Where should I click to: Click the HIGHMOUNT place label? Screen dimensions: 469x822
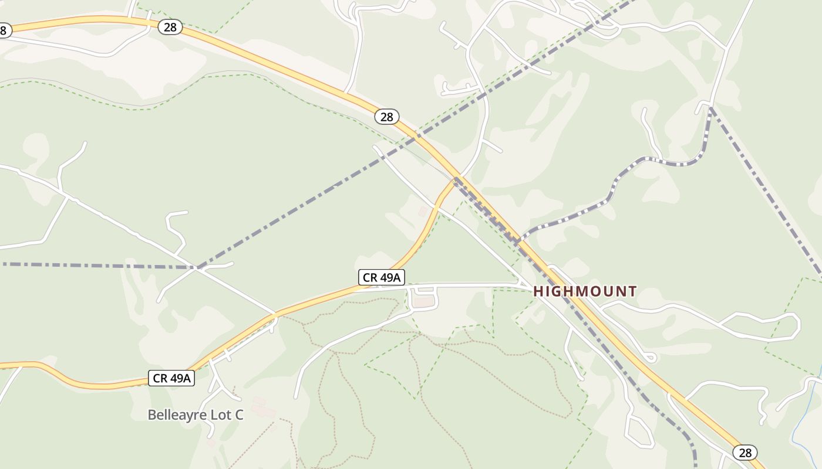click(585, 291)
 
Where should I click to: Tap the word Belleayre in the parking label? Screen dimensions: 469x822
click(176, 415)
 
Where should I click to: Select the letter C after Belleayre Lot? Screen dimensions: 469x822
click(238, 415)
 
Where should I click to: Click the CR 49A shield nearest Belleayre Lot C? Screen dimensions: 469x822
click(172, 378)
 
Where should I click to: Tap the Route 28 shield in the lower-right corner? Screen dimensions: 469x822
click(745, 453)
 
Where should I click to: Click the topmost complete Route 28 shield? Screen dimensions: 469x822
click(170, 27)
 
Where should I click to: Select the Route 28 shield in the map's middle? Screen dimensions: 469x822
click(386, 117)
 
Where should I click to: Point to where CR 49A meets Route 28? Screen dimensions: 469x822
click(457, 179)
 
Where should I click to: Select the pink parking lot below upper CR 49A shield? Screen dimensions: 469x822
click(425, 302)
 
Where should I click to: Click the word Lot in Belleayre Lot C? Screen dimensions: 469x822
click(220, 415)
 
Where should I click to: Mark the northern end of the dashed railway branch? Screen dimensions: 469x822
click(710, 108)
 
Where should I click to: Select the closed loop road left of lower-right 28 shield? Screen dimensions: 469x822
click(639, 432)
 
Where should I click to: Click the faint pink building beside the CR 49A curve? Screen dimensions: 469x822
click(423, 210)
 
